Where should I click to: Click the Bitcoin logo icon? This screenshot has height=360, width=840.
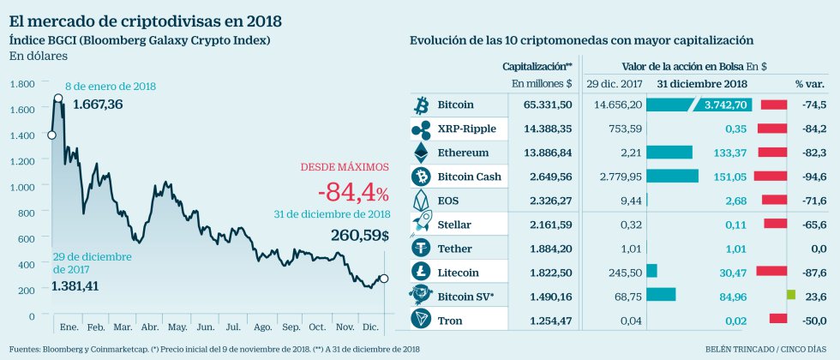[421, 105]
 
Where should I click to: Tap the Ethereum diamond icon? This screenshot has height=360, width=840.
[421, 153]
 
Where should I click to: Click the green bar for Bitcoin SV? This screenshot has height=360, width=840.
[791, 296]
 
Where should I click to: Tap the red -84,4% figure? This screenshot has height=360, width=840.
[351, 191]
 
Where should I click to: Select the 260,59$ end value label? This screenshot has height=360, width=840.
[360, 235]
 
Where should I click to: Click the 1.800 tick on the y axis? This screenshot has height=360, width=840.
[22, 84]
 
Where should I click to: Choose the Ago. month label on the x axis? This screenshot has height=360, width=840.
[263, 327]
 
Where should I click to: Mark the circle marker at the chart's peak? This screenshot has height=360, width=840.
[58, 98]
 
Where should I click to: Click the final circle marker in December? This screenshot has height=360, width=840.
[383, 278]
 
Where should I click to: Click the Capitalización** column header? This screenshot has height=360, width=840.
[537, 65]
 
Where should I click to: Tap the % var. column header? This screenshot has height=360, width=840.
[809, 83]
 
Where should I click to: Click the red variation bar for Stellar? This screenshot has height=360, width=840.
[775, 224]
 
